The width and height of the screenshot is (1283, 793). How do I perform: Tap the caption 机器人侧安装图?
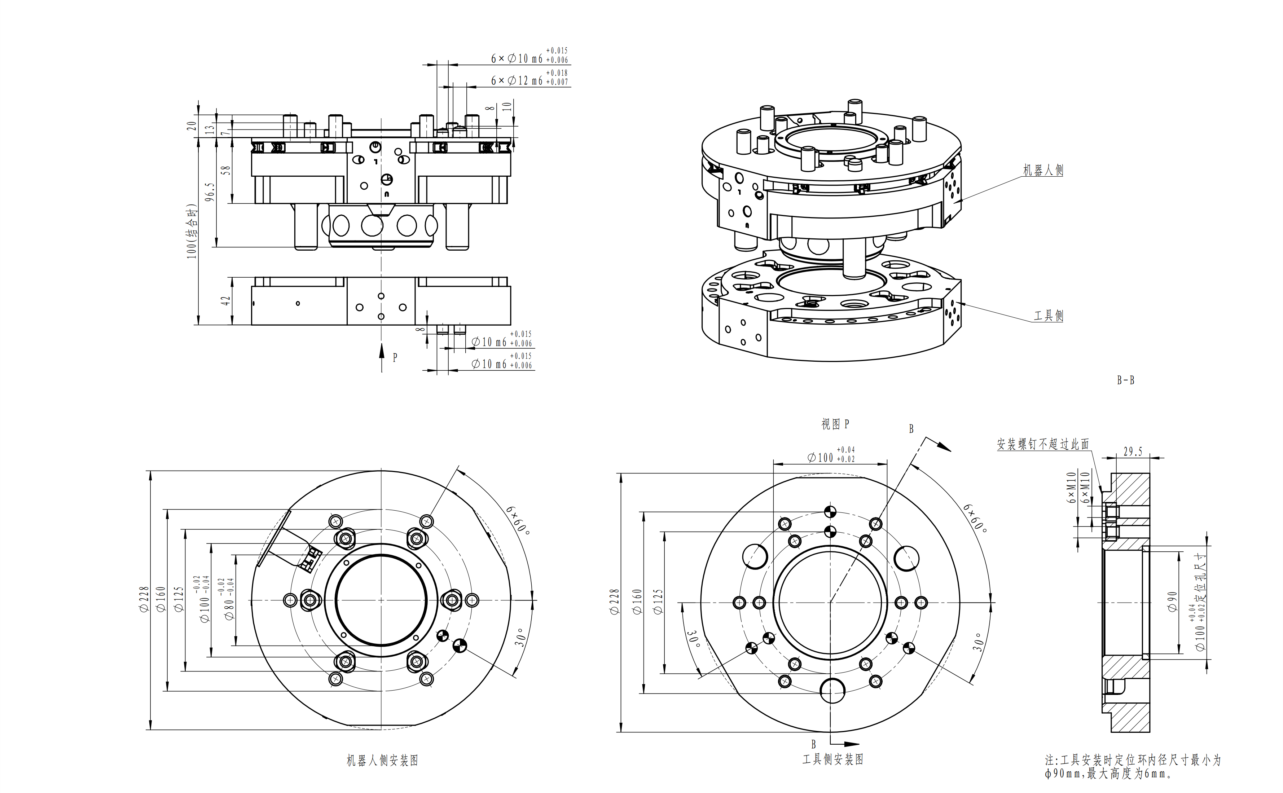pyautogui.click(x=382, y=761)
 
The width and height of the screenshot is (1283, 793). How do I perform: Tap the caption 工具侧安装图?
pyautogui.click(x=833, y=759)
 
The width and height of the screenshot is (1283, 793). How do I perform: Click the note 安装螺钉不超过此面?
pyautogui.click(x=1043, y=444)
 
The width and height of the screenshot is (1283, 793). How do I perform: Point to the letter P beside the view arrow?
pyautogui.click(x=395, y=358)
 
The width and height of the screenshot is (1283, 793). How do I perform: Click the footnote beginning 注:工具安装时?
pyautogui.click(x=1133, y=766)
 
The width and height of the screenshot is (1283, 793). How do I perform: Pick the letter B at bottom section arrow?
pyautogui.click(x=813, y=744)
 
